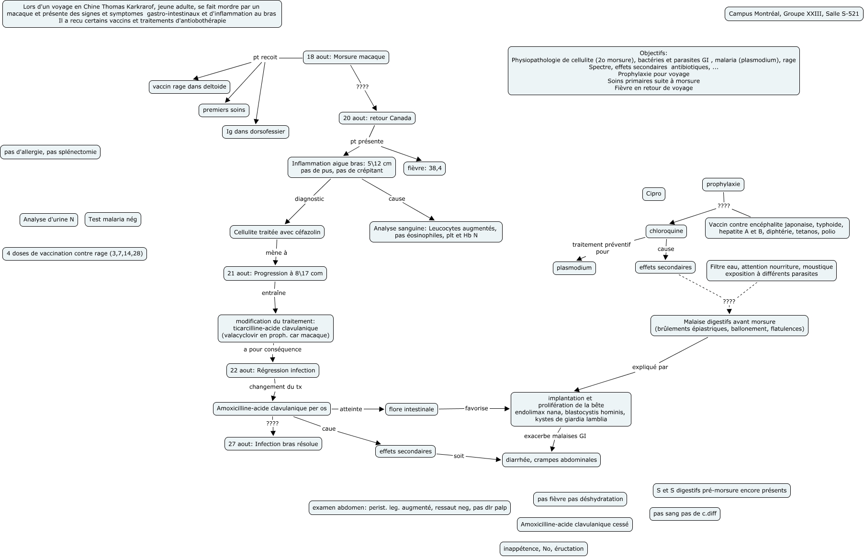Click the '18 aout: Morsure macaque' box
pyautogui.click(x=346, y=57)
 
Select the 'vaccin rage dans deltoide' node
pyautogui.click(x=189, y=87)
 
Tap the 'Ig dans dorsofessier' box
pyautogui.click(x=256, y=131)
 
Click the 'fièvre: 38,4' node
pyautogui.click(x=425, y=168)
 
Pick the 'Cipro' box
pyautogui.click(x=653, y=194)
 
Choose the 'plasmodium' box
pyautogui.click(x=574, y=268)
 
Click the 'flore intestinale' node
pyautogui.click(x=411, y=409)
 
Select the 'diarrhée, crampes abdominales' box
pyautogui.click(x=551, y=460)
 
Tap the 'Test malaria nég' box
pyautogui.click(x=112, y=219)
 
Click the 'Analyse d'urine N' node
pyautogui.click(x=48, y=219)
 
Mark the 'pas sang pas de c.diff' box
pyautogui.click(x=684, y=514)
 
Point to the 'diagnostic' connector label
pyautogui.click(x=309, y=199)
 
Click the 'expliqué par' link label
pyautogui.click(x=650, y=367)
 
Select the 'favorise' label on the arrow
pyautogui.click(x=476, y=408)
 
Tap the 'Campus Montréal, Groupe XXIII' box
pyautogui.click(x=794, y=14)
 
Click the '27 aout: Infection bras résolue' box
pyautogui.click(x=273, y=444)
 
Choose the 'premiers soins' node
pyautogui.click(x=224, y=110)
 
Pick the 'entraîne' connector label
pyautogui.click(x=273, y=293)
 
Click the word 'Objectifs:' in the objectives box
pyautogui.click(x=653, y=53)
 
